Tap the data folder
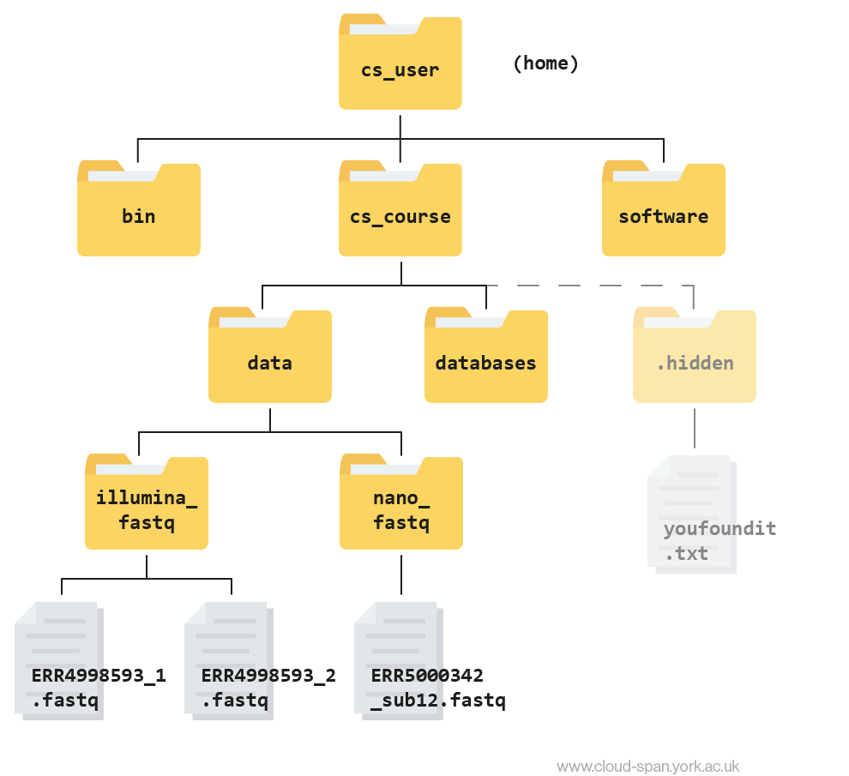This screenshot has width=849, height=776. click(x=269, y=355)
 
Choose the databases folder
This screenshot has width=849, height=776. click(x=485, y=355)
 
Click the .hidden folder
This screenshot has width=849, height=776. click(x=694, y=355)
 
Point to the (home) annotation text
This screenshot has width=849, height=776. click(x=545, y=63)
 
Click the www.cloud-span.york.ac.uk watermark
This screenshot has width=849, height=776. click(x=647, y=767)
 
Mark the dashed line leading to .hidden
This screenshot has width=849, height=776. click(x=592, y=286)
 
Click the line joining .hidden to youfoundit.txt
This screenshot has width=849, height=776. click(x=694, y=428)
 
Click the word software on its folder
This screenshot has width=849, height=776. click(x=663, y=216)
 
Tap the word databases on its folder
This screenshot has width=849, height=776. click(x=485, y=363)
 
